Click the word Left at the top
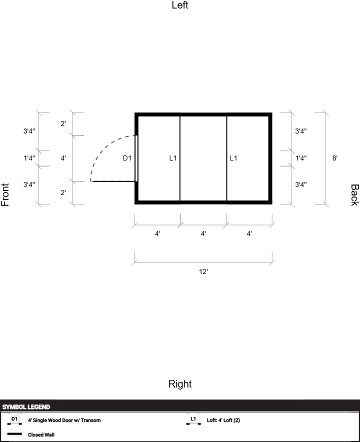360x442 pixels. click(180, 5)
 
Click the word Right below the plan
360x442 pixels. click(180, 384)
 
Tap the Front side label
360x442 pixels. click(5, 194)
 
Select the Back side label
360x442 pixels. click(354, 195)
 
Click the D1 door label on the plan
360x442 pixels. click(127, 158)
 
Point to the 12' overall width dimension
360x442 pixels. click(203, 271)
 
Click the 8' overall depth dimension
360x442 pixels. click(334, 158)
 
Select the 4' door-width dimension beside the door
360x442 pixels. click(63, 158)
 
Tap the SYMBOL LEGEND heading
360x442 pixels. click(26, 407)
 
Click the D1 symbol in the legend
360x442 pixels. click(14, 419)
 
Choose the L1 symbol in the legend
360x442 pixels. click(193, 419)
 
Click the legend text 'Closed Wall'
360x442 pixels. click(41, 434)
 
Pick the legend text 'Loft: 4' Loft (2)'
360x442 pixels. click(223, 420)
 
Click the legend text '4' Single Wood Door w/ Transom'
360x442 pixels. click(64, 420)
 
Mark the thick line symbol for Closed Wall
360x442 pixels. click(14, 434)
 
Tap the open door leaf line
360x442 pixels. click(114, 181)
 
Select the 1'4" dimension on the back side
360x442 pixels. click(301, 158)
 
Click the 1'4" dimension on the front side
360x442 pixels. click(29, 158)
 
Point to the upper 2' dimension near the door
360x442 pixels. click(63, 123)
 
